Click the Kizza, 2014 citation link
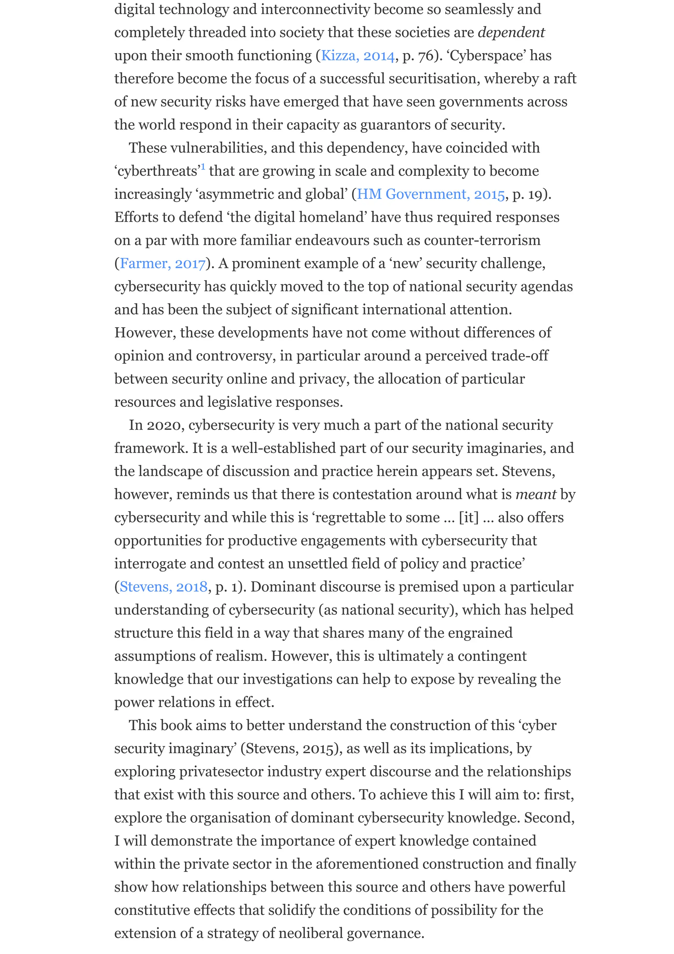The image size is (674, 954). click(x=357, y=56)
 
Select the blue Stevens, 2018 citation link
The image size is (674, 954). click(x=163, y=587)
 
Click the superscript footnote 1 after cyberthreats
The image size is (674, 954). click(x=203, y=167)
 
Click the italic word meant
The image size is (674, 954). click(x=535, y=494)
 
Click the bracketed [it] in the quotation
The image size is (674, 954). click(x=468, y=518)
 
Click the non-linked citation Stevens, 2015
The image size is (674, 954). click(x=290, y=749)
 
